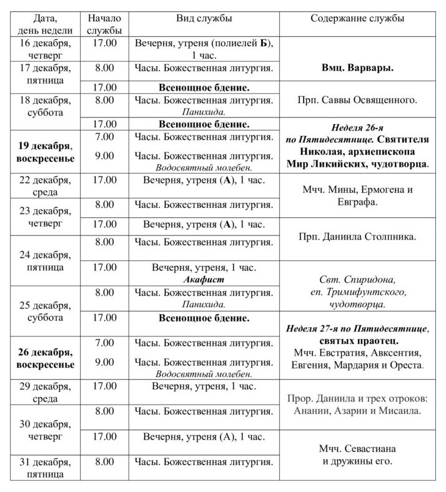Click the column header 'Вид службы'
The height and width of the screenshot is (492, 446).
pos(204,19)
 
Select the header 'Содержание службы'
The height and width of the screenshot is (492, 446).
pos(357,19)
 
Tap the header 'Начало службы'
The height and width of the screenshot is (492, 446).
pos(104,24)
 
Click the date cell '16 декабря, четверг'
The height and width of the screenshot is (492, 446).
pos(46,49)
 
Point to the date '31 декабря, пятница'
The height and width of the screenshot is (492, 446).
pos(46,468)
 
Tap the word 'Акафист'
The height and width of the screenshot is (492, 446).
pos(204,280)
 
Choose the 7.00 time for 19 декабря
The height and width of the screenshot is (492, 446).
pos(104,136)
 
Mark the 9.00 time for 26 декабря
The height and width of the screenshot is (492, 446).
pos(104,362)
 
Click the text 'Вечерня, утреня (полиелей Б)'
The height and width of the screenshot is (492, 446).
pos(204,43)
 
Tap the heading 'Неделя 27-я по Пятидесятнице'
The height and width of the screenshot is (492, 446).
pos(357,328)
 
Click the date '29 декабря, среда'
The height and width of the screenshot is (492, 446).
pos(46,392)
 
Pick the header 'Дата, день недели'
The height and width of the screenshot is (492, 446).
pos(46,24)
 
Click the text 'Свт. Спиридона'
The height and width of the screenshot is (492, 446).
pos(357,280)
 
